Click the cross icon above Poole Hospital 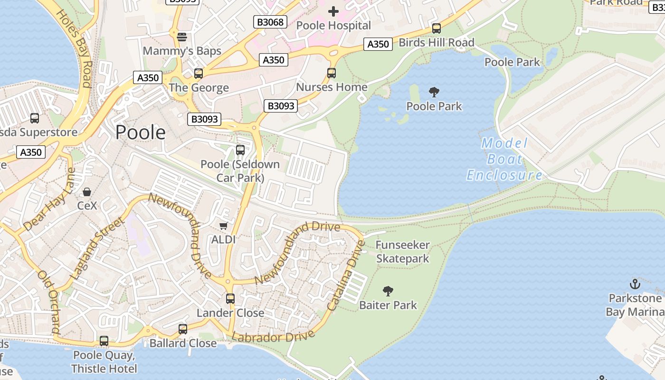tap(333, 11)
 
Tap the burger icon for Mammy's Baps tap(181, 37)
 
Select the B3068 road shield tap(270, 22)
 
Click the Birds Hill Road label tap(436, 43)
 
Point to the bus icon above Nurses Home tap(332, 73)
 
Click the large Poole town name tap(141, 132)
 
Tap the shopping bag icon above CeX tap(87, 192)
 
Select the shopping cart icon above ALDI tap(223, 226)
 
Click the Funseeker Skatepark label tap(402, 252)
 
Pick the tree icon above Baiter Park tap(388, 291)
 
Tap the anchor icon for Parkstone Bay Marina tap(635, 284)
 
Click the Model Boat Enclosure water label tap(504, 159)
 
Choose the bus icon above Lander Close tap(230, 299)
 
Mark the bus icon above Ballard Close tap(183, 329)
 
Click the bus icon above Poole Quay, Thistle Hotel tap(104, 341)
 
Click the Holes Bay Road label tap(74, 47)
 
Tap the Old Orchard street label tap(49, 302)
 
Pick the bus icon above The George tap(199, 74)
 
